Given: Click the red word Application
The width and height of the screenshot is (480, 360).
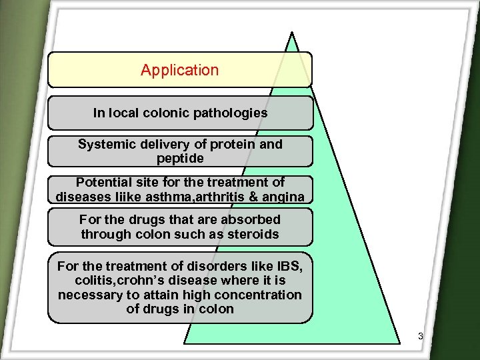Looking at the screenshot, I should coord(179,70).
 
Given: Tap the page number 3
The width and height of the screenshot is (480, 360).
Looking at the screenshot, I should coord(421,336).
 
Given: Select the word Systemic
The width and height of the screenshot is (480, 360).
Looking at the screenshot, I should coord(104,144).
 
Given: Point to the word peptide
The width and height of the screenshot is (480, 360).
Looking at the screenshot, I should coord(180,159).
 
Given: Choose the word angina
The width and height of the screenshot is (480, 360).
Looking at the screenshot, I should coord(282,197).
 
